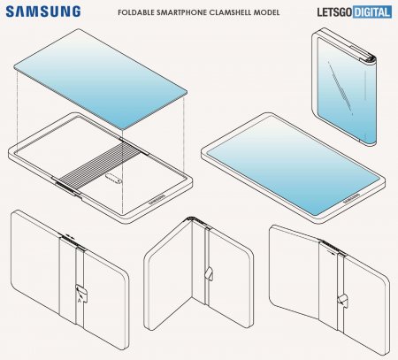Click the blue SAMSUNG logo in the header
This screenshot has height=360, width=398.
point(43,11)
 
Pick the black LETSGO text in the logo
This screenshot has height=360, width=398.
point(334,12)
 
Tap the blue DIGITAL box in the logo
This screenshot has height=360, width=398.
point(372,12)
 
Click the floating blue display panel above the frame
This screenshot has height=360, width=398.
point(101,79)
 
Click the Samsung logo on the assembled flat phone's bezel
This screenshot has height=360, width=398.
point(351,199)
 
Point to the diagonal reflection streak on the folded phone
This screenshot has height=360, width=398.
point(341,88)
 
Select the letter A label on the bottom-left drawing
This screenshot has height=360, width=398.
point(79,301)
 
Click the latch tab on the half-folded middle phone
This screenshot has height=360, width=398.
point(210,273)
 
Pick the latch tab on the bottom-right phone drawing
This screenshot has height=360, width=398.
point(342,300)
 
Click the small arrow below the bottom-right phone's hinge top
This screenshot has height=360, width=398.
point(331,251)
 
